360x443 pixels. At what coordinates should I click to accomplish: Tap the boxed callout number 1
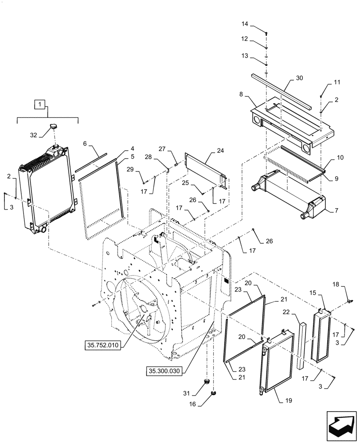click(x=40, y=105)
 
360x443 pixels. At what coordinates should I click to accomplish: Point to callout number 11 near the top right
click(x=337, y=83)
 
